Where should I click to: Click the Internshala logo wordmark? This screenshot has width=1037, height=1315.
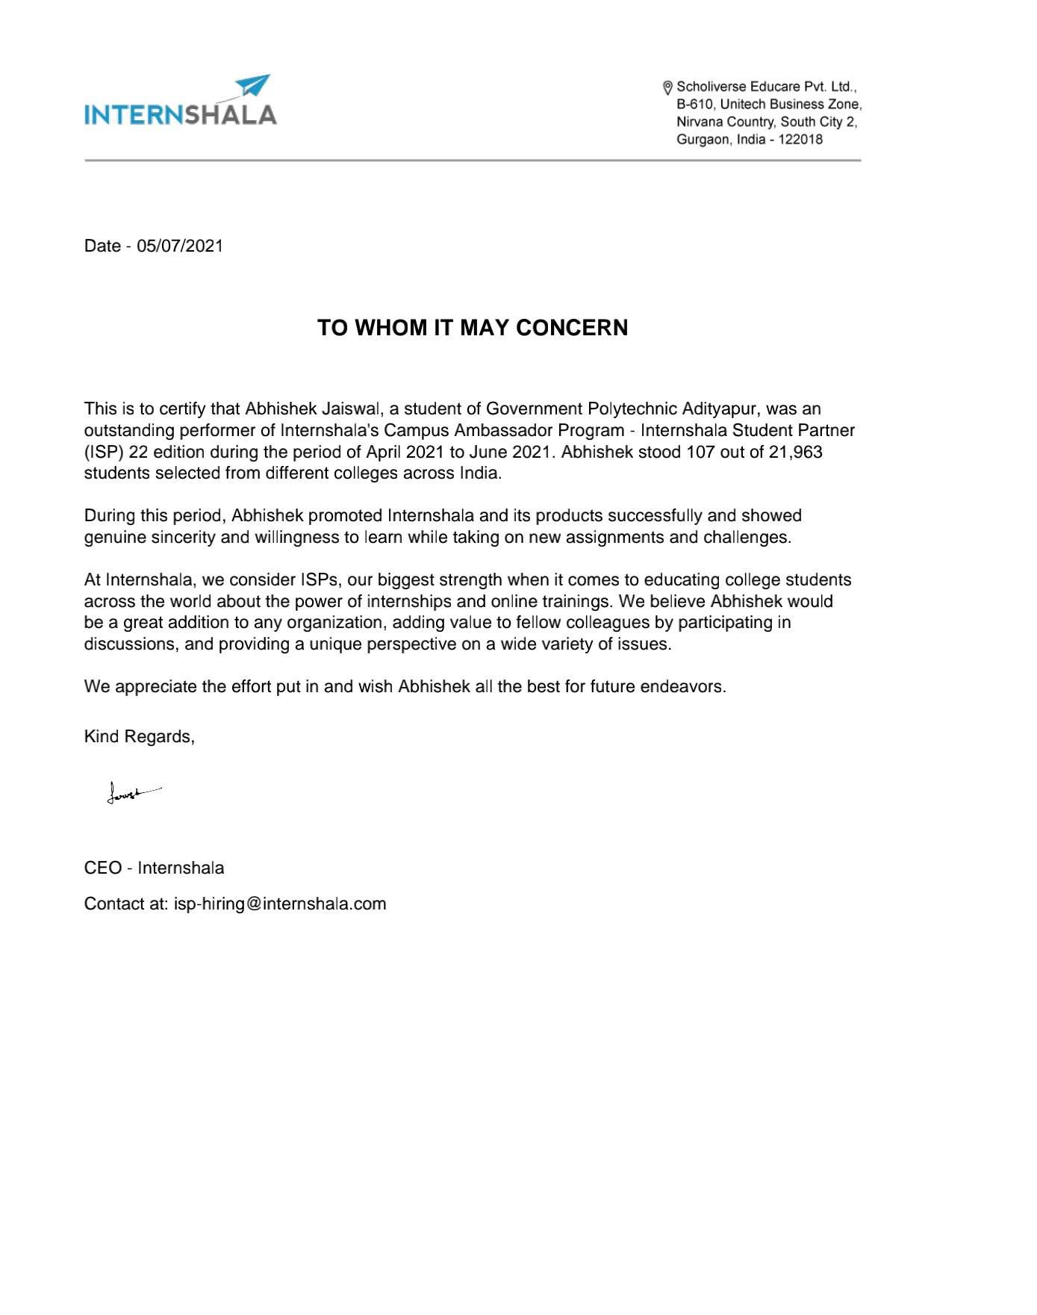pyautogui.click(x=181, y=114)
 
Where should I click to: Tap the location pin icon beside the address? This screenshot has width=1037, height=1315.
pyautogui.click(x=667, y=88)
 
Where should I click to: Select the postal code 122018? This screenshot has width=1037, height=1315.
pyautogui.click(x=800, y=140)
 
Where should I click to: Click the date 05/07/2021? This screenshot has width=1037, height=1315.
pyautogui.click(x=180, y=246)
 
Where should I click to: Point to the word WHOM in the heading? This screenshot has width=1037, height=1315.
pyautogui.click(x=390, y=328)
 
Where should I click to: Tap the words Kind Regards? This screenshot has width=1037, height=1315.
pyautogui.click(x=139, y=737)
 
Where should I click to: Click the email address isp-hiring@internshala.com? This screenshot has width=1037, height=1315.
pyautogui.click(x=280, y=904)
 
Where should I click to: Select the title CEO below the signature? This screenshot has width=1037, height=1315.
pyautogui.click(x=103, y=868)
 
